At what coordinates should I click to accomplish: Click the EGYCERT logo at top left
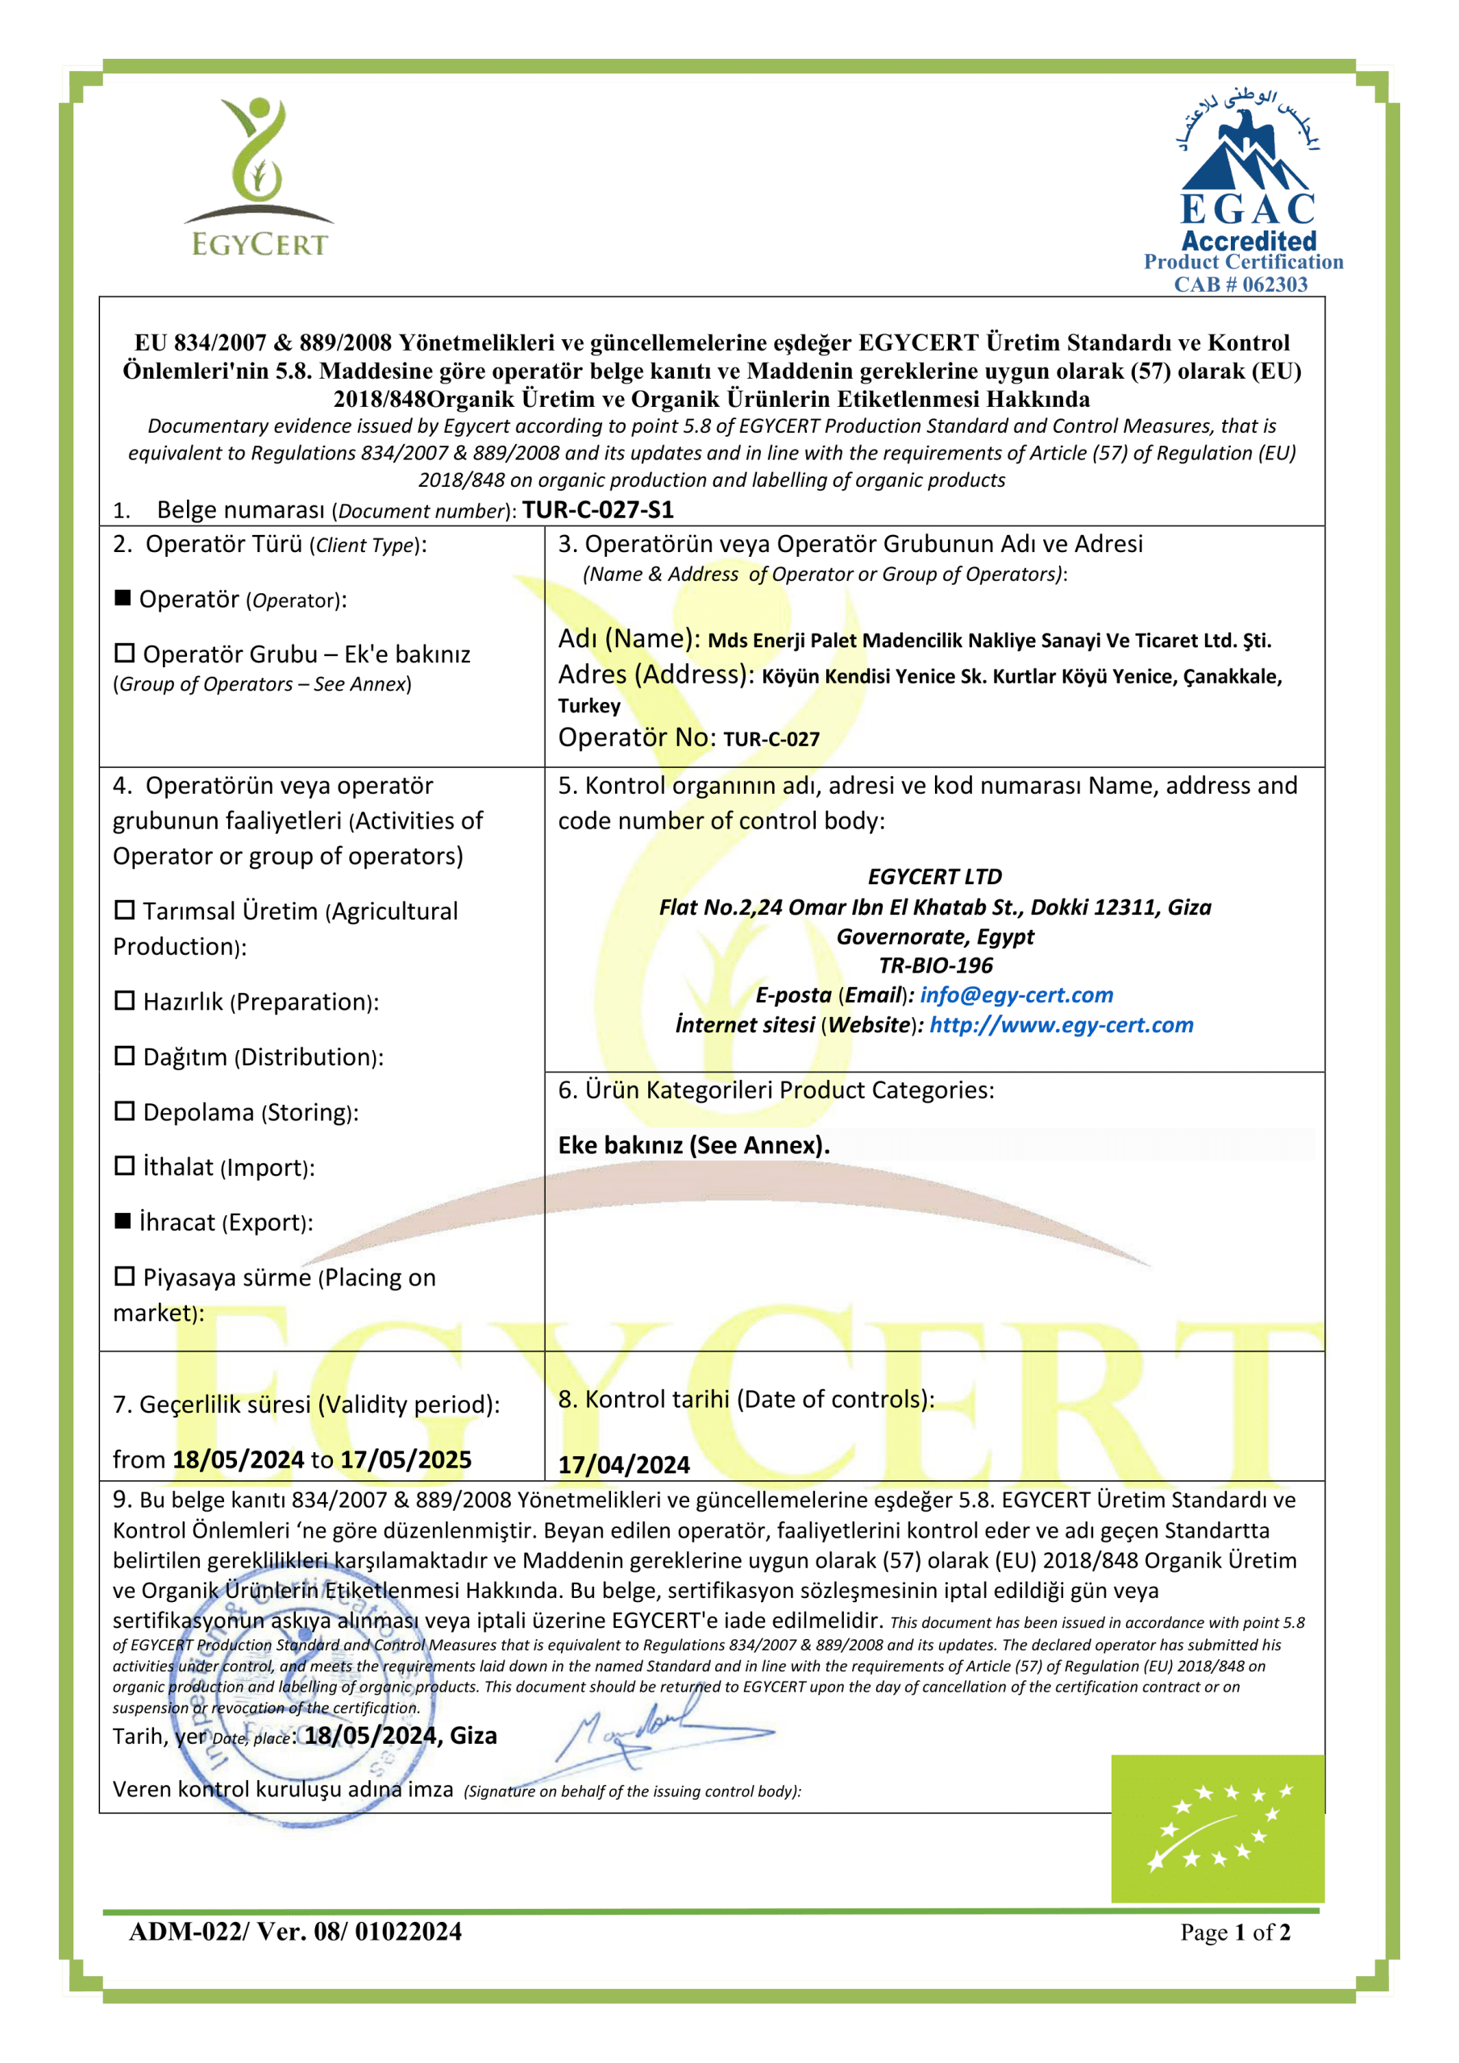pos(259,177)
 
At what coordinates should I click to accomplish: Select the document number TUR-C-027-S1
pos(598,510)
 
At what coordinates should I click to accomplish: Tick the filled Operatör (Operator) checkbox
pos(123,599)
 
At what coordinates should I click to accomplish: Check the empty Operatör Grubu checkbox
pos(124,654)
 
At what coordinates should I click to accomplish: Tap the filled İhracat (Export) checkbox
pos(123,1221)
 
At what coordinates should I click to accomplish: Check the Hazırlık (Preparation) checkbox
pos(124,1001)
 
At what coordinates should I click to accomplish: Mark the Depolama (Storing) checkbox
pos(124,1111)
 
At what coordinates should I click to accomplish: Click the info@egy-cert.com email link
pos(1016,995)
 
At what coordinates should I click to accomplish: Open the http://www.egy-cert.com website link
pos(1061,1025)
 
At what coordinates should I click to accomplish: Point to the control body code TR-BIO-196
pos(936,966)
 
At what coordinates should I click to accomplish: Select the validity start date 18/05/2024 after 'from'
pos(239,1460)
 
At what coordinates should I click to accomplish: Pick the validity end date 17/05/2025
pos(406,1460)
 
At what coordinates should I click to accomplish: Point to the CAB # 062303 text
pos(1241,284)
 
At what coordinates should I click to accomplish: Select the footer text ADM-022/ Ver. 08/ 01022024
pos(295,1932)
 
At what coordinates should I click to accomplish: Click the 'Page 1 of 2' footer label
pos(1235,1932)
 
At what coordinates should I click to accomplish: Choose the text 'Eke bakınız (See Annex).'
pos(694,1146)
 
